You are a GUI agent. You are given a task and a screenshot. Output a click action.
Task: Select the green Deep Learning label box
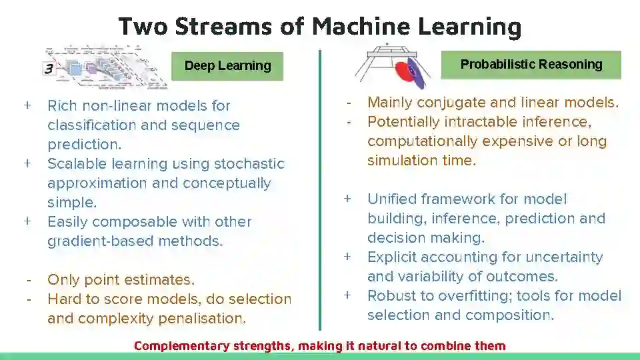[227, 65]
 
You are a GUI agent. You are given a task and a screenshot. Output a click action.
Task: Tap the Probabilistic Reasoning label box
[531, 65]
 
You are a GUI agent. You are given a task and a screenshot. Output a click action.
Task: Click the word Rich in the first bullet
[63, 105]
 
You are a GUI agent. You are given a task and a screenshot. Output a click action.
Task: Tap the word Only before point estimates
[62, 279]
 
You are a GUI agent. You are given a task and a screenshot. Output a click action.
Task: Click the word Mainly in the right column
[392, 103]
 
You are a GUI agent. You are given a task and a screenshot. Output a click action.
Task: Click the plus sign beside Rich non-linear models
[27, 105]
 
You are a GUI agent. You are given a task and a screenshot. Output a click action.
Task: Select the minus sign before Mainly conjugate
[348, 103]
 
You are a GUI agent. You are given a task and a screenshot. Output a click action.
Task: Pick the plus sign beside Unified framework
[347, 199]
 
